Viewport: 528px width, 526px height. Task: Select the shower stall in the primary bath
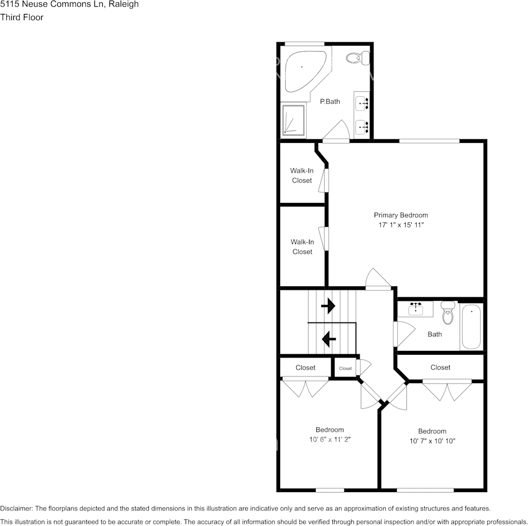(x=293, y=120)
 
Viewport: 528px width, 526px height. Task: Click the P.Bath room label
(x=330, y=102)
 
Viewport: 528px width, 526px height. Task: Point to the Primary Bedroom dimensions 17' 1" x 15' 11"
(x=401, y=225)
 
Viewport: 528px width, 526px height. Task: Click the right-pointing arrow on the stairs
(x=328, y=306)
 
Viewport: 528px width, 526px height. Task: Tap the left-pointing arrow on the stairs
(x=328, y=337)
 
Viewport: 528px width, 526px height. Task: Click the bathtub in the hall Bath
(x=471, y=327)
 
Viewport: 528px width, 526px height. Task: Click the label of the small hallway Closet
(x=346, y=369)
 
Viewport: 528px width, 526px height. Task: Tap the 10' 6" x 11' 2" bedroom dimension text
(x=330, y=439)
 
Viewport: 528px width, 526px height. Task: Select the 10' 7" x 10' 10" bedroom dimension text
(x=432, y=441)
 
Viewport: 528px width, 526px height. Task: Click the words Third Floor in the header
(x=22, y=17)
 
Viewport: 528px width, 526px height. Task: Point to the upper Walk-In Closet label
(x=302, y=176)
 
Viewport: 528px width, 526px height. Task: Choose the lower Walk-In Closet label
(x=302, y=247)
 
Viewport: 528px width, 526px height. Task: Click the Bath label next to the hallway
(x=435, y=334)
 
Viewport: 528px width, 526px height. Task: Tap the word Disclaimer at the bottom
(x=16, y=508)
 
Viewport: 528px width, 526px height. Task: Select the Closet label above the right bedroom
(x=440, y=368)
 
